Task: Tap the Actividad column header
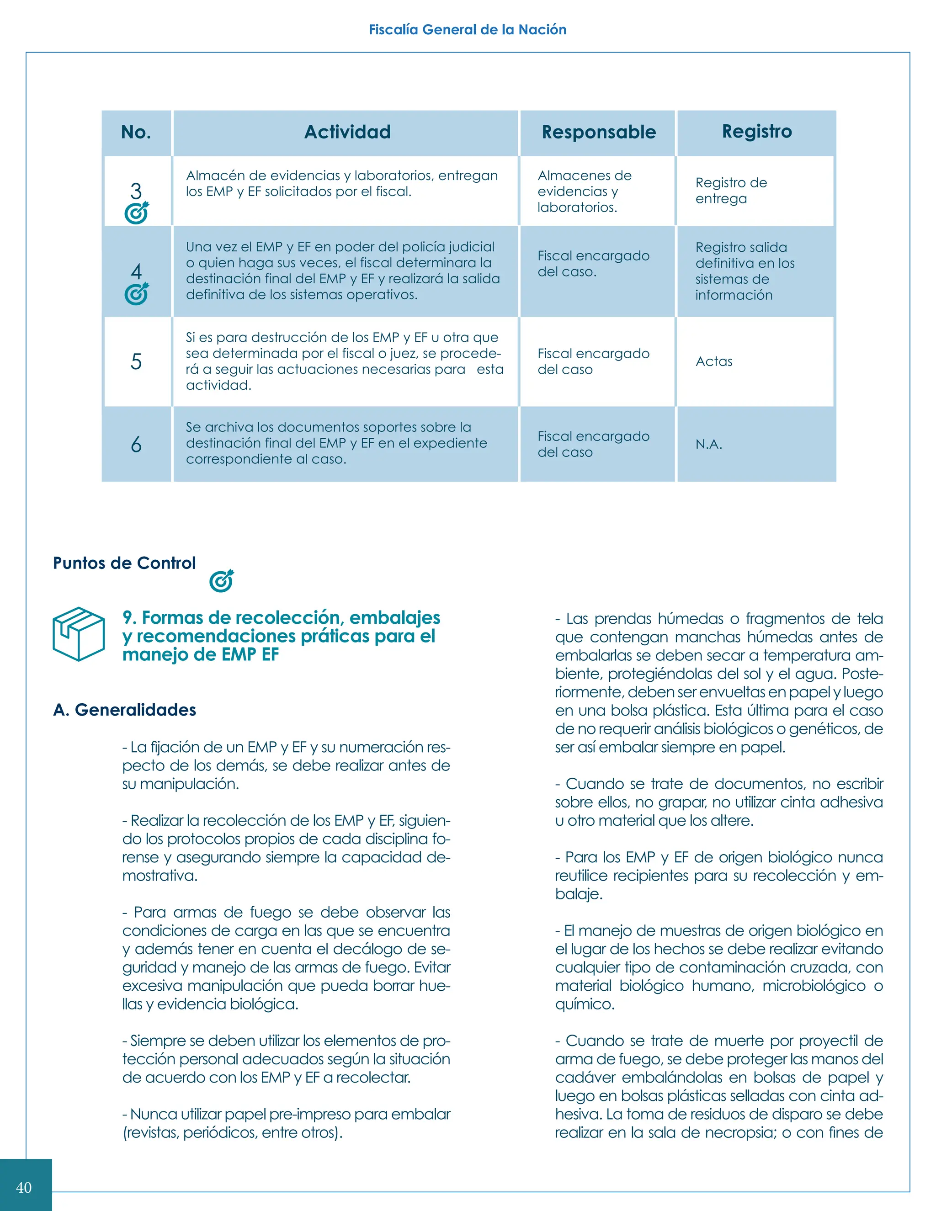tap(347, 132)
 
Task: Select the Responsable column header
tap(598, 132)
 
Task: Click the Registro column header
tap(756, 132)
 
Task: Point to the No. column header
tap(136, 132)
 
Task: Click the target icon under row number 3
tap(136, 213)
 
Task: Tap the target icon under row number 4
tap(136, 294)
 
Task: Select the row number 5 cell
tap(136, 361)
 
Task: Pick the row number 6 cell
tap(136, 444)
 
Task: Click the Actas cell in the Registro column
tap(713, 361)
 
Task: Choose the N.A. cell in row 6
tap(709, 444)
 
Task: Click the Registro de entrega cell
tap(731, 190)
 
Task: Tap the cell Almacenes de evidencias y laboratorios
tap(584, 191)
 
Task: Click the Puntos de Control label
tap(124, 563)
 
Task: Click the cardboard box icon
tap(79, 634)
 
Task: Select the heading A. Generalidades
tap(124, 710)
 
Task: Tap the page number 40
tap(24, 1187)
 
